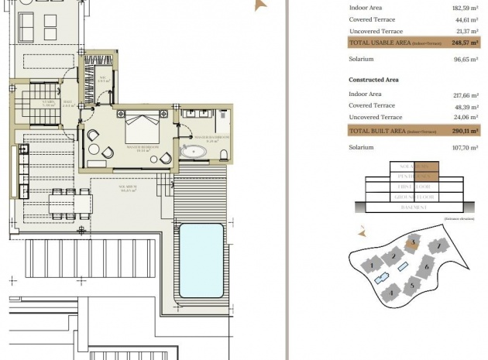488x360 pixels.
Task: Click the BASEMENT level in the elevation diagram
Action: click(414, 208)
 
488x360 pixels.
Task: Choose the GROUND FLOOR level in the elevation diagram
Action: click(414, 197)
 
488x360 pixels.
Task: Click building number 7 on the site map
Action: click(439, 247)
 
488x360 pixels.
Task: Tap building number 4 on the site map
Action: click(392, 293)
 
